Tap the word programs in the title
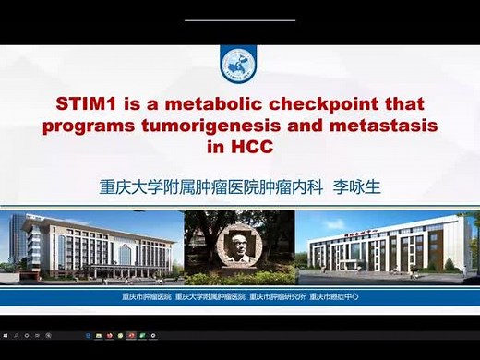(119, 125)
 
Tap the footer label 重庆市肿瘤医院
(146, 296)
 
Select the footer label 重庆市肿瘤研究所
(278, 296)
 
